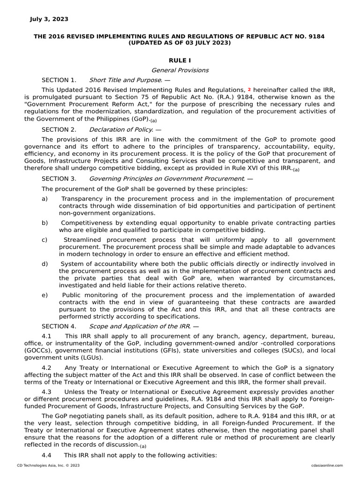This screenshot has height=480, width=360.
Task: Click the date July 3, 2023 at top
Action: (49, 19)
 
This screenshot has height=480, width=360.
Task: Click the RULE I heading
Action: (180, 60)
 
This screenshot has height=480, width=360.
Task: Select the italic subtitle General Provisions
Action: (180, 70)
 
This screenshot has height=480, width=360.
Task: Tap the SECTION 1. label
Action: (59, 80)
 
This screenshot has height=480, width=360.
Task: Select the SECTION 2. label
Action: (59, 129)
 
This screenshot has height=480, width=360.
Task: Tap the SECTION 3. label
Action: (59, 179)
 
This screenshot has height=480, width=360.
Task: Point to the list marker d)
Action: (45, 264)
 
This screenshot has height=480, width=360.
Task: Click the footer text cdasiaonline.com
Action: (327, 465)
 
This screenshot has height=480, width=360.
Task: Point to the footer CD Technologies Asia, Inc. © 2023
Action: (48, 465)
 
